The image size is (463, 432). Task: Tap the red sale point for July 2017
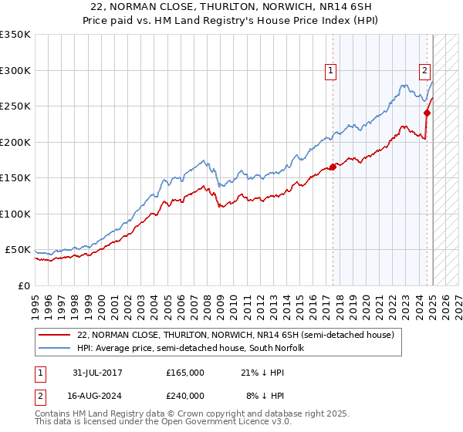click(333, 167)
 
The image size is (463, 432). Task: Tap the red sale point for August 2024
click(427, 113)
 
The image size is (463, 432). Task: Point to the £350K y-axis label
click(15, 35)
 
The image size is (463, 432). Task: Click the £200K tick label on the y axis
click(15, 142)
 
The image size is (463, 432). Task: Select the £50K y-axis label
click(19, 250)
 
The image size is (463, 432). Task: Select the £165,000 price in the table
click(185, 373)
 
